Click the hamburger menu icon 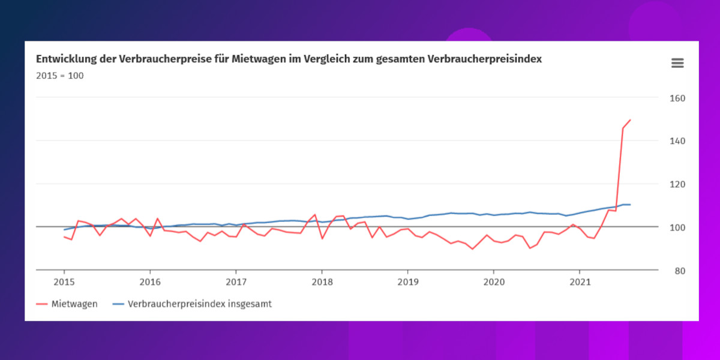[677, 63]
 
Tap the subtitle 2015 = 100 [60, 76]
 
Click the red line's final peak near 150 [630, 120]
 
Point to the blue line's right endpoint [630, 205]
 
